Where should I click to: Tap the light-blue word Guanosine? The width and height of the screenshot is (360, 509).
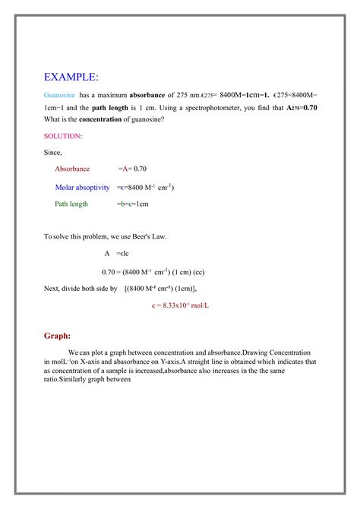pyautogui.click(x=60, y=96)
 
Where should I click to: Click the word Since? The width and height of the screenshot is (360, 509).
pyautogui.click(x=53, y=153)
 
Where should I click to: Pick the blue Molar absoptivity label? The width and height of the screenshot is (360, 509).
pyautogui.click(x=83, y=187)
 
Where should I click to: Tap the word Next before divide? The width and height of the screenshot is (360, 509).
pyautogui.click(x=52, y=289)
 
